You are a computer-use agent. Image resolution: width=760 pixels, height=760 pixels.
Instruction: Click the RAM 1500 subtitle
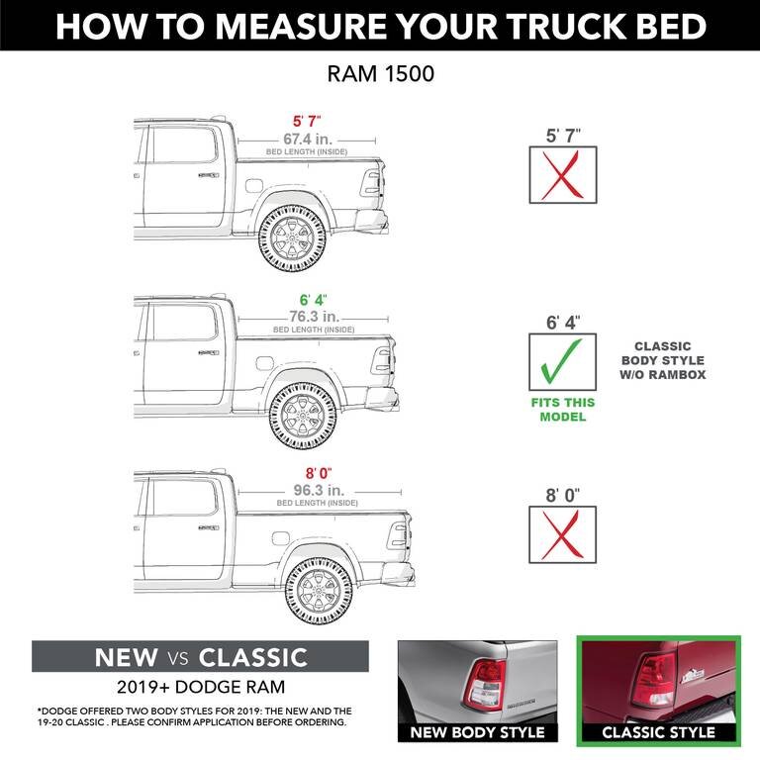[380, 73]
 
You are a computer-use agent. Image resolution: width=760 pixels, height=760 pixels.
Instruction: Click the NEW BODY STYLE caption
[478, 732]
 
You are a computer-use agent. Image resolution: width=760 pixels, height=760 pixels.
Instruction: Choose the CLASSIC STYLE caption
[658, 732]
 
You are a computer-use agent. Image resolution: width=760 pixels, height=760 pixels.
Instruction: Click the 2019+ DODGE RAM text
[201, 686]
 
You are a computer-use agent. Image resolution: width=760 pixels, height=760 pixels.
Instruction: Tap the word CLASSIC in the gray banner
[253, 657]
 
